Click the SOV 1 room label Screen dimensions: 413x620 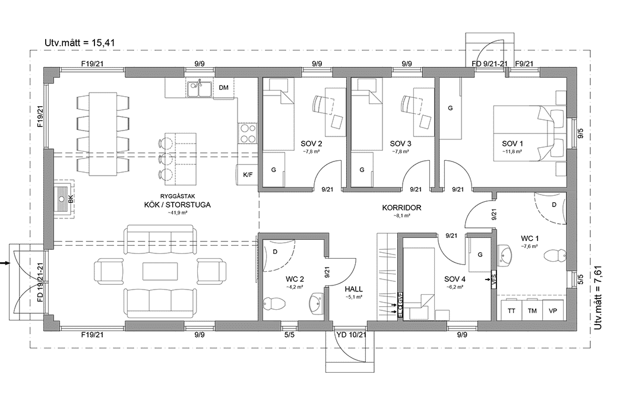(x=513, y=144)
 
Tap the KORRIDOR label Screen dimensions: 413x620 (x=402, y=208)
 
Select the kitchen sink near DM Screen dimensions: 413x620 (x=200, y=89)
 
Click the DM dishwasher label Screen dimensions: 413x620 (x=223, y=88)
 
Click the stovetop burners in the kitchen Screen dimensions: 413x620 (x=247, y=133)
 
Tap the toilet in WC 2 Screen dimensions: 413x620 (x=275, y=304)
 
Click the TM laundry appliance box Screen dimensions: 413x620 (x=532, y=310)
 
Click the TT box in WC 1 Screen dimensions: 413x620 (x=511, y=310)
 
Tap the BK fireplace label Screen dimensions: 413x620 (x=71, y=199)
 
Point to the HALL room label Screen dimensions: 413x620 (x=353, y=290)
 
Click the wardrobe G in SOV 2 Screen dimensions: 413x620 (x=274, y=170)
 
